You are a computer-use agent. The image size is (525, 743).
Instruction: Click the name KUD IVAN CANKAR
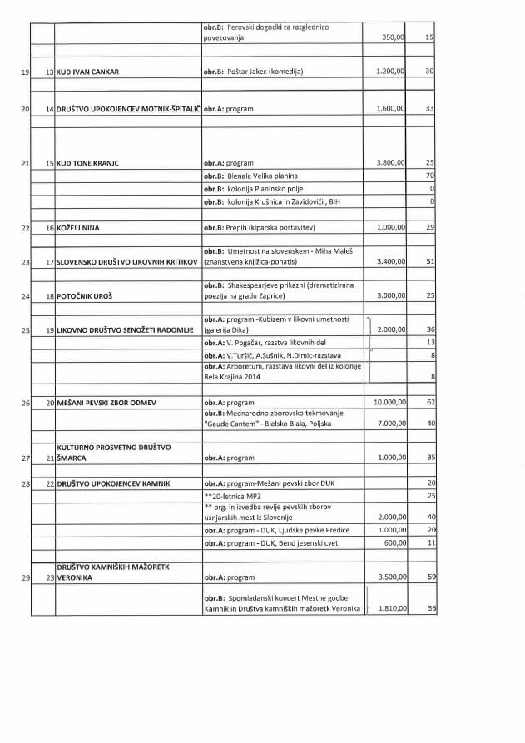coord(87,72)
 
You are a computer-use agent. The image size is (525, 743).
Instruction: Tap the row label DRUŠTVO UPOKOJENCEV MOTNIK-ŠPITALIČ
coord(127,109)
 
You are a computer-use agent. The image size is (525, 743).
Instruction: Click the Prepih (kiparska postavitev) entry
coord(259,227)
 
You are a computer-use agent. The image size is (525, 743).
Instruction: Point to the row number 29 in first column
coord(24,577)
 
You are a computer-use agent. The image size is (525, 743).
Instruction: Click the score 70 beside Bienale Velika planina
coord(430,176)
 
